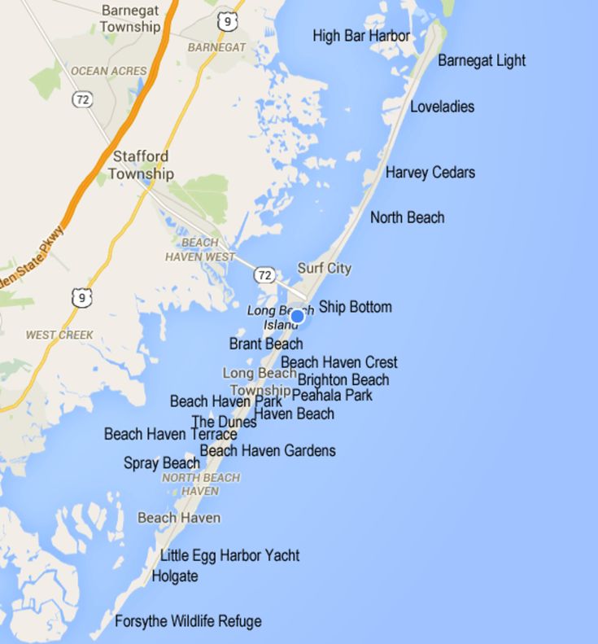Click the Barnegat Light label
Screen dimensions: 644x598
482,60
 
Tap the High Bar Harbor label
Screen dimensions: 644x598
361,36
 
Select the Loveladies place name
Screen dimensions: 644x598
442,107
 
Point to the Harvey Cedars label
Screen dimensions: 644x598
430,173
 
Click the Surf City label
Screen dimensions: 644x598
325,268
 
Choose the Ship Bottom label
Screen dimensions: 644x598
355,307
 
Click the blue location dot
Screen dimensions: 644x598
297,317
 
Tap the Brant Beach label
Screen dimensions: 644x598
266,344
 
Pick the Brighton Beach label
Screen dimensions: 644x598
343,379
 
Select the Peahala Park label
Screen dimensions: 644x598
332,395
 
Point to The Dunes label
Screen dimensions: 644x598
224,422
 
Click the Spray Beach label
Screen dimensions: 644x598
161,463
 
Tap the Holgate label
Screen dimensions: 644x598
175,576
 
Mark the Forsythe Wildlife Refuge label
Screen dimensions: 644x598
188,621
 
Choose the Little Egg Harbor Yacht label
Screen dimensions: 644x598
229,555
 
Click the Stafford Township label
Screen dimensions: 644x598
141,164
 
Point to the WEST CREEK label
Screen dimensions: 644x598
59,335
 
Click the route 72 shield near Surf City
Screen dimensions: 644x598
264,275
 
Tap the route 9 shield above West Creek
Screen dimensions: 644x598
81,298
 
